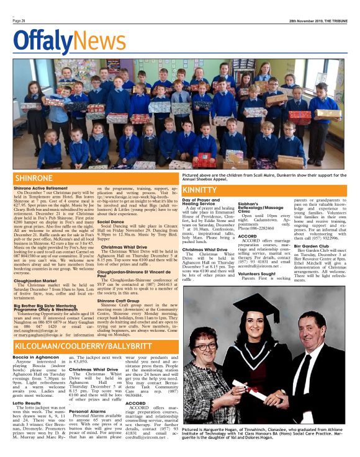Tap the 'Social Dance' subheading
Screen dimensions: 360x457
[110, 221]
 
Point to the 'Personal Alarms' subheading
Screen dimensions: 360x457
[88, 410]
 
